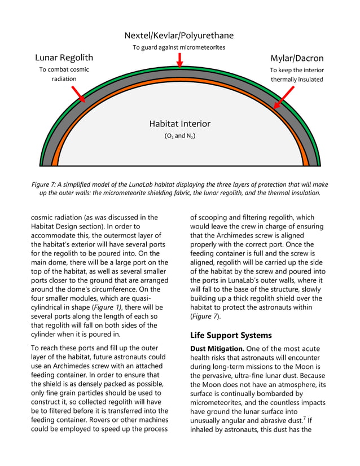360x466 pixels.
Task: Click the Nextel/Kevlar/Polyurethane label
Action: [x=179, y=36]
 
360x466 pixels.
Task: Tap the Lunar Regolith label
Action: [x=64, y=58]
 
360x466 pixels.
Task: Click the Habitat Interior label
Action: [x=179, y=124]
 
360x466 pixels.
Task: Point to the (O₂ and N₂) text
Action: [x=179, y=136]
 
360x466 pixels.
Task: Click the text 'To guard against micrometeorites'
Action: [x=179, y=47]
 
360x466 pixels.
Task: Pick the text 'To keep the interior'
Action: [x=296, y=70]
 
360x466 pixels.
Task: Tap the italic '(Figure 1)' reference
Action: [x=106, y=306]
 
